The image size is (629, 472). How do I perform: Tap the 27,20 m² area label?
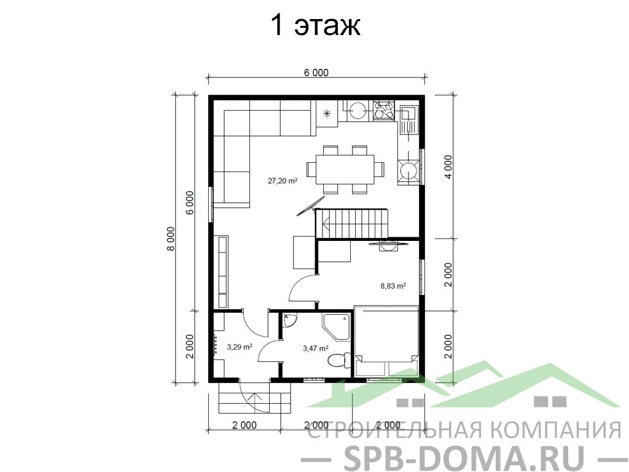283,181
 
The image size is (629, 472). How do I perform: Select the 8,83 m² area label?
393,286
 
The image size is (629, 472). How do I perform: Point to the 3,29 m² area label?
240,347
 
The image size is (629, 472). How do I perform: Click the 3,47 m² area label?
316,348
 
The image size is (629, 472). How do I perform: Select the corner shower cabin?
336,327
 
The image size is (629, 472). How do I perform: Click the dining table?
345,169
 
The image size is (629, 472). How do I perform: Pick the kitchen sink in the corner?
408,120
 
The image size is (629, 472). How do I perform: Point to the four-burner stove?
385,111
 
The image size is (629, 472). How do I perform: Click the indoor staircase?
352,223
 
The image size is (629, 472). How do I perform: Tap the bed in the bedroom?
387,340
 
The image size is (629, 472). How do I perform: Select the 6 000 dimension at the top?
316,73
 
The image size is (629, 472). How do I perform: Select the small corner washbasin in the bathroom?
289,321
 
